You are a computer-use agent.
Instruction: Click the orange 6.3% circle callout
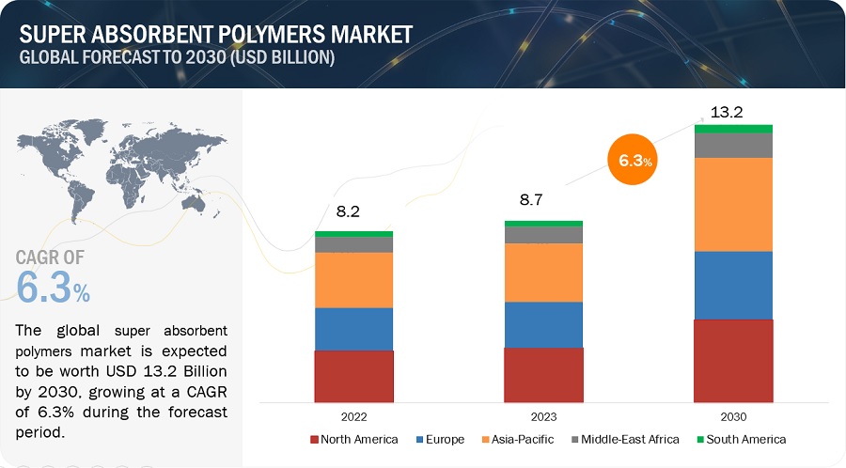(635, 161)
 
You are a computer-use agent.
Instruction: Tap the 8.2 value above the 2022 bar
(349, 212)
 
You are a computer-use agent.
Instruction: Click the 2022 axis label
(353, 415)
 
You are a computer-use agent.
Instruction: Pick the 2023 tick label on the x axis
(543, 415)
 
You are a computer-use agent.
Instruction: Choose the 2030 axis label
(733, 415)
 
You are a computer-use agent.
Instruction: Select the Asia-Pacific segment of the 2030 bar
(733, 204)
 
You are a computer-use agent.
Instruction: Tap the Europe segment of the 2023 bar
(543, 324)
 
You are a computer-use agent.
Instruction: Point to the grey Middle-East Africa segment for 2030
(733, 145)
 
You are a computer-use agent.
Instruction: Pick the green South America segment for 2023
(543, 224)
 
